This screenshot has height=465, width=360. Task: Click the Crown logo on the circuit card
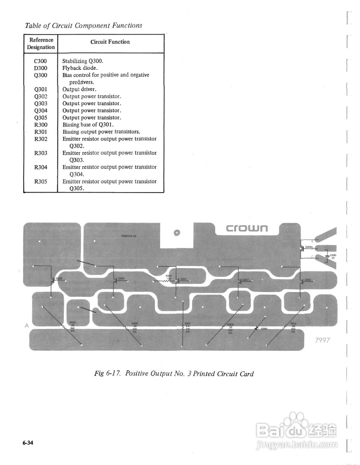point(246,228)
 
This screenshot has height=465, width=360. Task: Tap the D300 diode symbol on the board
point(257,328)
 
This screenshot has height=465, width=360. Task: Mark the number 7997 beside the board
point(322,340)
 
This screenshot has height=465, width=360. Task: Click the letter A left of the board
point(27,326)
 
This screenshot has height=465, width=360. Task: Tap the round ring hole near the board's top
point(177,233)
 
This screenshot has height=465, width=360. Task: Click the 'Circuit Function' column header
point(110,42)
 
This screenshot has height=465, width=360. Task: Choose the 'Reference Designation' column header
point(41,43)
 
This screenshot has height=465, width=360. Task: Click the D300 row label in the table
point(41,68)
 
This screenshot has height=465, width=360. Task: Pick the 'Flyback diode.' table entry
point(80,68)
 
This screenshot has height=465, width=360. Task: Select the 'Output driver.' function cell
point(79,89)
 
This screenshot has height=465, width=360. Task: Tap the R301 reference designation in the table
point(41,132)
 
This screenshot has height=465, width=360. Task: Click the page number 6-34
point(28,443)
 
